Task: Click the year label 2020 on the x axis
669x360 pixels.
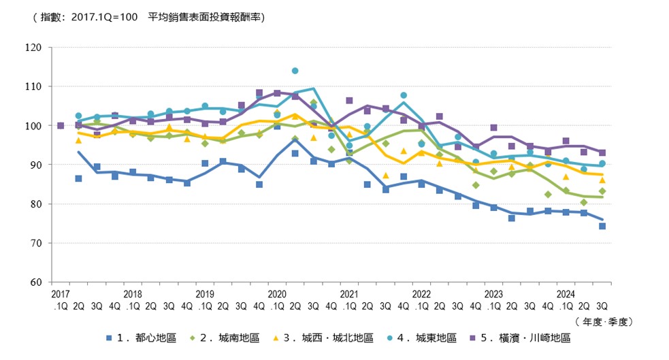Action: pos(276,295)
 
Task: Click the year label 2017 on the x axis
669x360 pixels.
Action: pos(60,295)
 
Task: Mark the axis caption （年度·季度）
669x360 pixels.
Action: pos(603,321)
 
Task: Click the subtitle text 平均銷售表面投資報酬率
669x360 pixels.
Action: pos(206,17)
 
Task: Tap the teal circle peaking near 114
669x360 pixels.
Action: pos(295,71)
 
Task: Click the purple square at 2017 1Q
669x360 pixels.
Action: pos(61,126)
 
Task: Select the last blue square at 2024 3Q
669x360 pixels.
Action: pos(602,226)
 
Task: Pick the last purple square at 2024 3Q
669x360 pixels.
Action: pos(602,153)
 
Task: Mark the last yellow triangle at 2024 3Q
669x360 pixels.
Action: pos(602,180)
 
